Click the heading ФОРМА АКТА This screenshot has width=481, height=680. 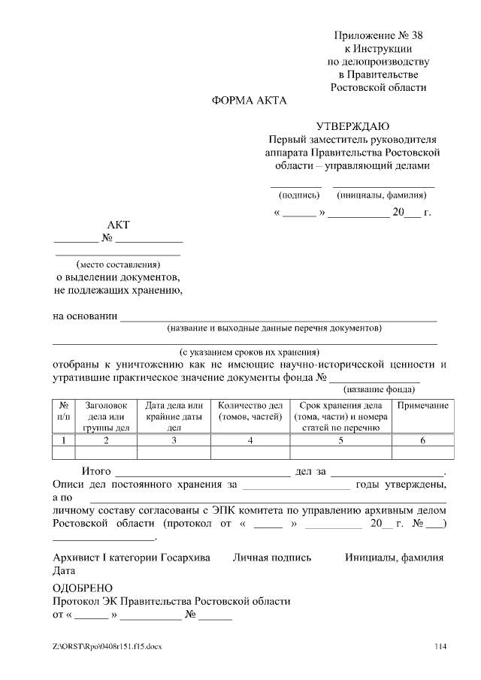point(249,101)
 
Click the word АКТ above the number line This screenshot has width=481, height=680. point(118,225)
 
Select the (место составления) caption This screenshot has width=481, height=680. point(118,264)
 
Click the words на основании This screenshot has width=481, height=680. point(85,316)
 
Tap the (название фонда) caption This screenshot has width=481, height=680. point(379,389)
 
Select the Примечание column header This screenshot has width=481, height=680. point(422,406)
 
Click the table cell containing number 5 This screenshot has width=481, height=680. point(340,440)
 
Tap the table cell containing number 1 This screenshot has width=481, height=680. point(64,440)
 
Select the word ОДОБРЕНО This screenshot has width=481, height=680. point(83,588)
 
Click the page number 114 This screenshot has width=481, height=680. point(440,646)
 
